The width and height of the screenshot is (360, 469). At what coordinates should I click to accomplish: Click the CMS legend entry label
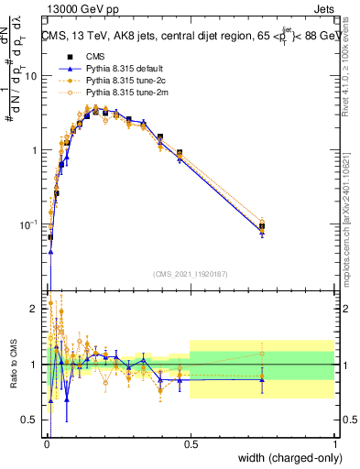click(94, 57)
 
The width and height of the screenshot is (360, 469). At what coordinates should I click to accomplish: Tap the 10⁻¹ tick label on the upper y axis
click(29, 224)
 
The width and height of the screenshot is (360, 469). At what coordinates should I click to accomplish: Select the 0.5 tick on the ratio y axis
click(33, 420)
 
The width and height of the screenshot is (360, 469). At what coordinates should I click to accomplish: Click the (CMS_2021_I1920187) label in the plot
click(190, 273)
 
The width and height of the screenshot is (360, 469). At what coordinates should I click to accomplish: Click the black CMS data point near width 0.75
click(263, 226)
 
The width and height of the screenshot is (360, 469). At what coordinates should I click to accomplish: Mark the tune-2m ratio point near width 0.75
click(263, 354)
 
